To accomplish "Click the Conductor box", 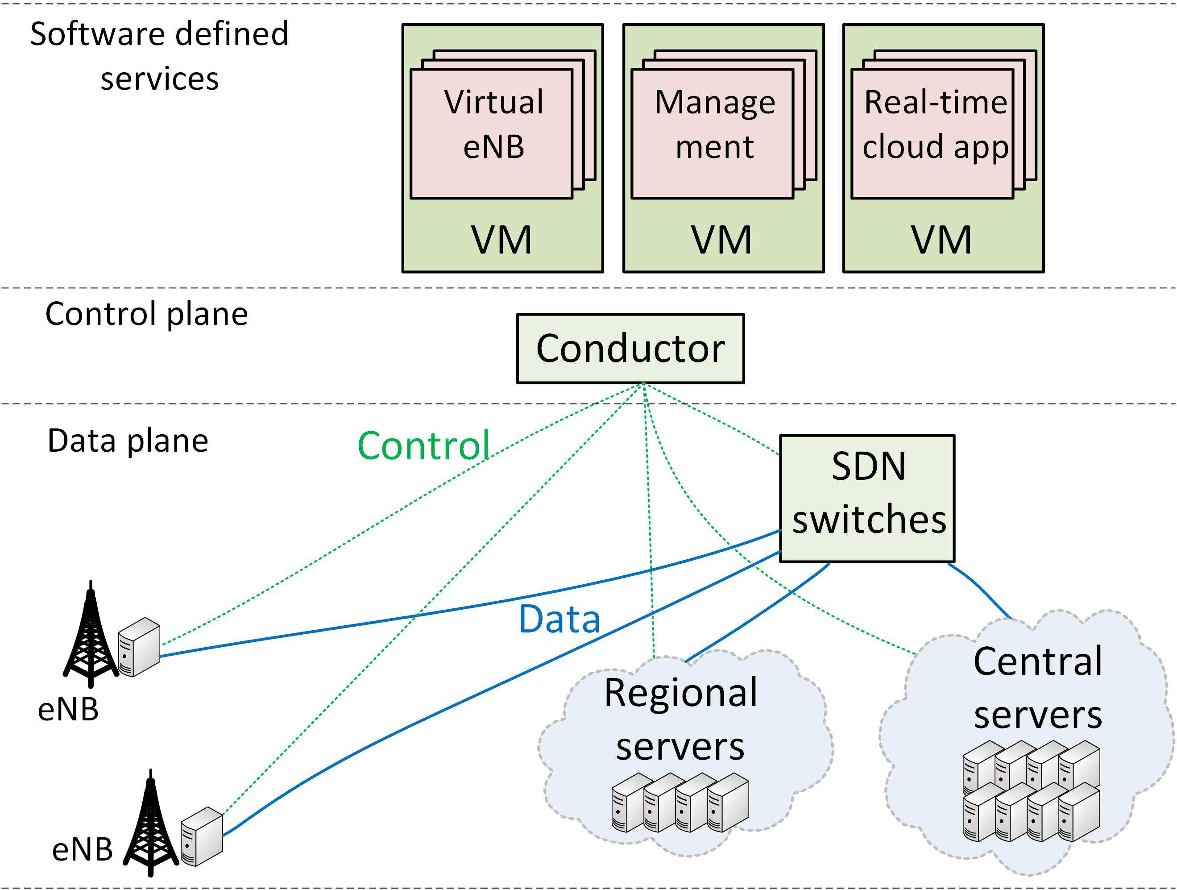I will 630,349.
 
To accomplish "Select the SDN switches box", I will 867,498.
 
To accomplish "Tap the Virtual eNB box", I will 492,133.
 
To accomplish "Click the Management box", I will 713,133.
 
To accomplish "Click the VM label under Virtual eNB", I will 502,241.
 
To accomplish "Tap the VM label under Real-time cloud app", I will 942,241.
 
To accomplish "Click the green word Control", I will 423,445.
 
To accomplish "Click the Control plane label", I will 146,314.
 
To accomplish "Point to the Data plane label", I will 128,441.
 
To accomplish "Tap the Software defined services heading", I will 159,56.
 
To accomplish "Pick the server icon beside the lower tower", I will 202,836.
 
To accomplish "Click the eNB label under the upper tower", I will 69,710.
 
